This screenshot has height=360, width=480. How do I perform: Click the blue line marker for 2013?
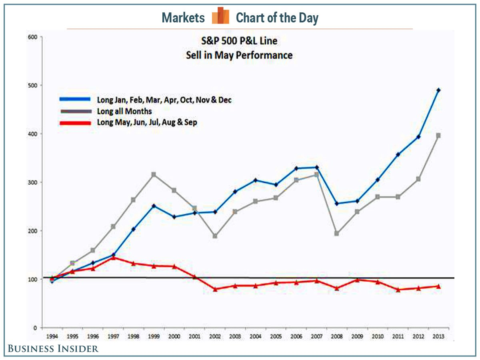coord(438,90)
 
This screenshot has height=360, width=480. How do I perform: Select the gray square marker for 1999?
coord(154,174)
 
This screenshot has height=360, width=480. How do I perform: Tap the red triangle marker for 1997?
coord(113,258)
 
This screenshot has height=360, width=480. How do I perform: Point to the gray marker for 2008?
coord(337,233)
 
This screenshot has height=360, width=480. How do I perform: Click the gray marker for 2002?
coord(215,236)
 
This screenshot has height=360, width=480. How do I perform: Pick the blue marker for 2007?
coord(316,167)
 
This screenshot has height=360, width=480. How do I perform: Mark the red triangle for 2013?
coord(438,286)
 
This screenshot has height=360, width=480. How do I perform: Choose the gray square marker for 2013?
coord(438,136)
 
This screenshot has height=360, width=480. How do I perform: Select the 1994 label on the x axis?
coord(52,336)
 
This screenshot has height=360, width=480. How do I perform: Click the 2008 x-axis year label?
coord(337,336)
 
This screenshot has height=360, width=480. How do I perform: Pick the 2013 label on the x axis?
coord(438,336)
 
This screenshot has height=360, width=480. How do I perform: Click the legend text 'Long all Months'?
coord(124,111)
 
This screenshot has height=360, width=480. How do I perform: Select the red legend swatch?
coord(76,123)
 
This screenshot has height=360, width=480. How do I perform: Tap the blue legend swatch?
coord(76,100)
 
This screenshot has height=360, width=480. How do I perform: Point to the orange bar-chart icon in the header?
coord(220,16)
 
